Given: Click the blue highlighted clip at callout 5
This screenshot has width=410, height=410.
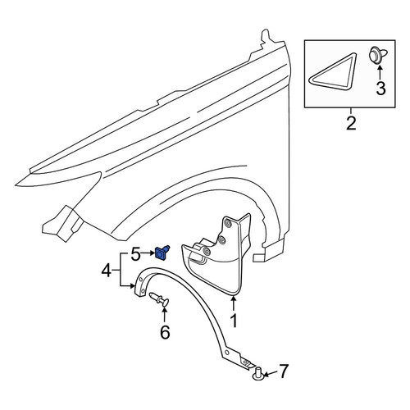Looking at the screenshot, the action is (x=162, y=253).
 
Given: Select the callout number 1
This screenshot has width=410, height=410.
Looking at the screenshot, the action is (x=234, y=321).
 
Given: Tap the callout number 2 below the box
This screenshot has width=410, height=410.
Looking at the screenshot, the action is (x=351, y=123).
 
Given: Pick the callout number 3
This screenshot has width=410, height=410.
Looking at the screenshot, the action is (x=380, y=89).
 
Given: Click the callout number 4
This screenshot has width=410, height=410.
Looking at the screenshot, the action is (x=107, y=271).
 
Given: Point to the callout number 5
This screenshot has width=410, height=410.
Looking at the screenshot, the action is (x=136, y=254).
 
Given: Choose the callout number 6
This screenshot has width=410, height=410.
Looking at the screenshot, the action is (x=165, y=332).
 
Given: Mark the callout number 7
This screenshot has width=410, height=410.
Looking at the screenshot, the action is (x=283, y=371).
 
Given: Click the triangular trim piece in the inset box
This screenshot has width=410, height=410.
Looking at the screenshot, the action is (x=333, y=71).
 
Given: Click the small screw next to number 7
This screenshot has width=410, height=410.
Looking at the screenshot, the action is (x=258, y=374).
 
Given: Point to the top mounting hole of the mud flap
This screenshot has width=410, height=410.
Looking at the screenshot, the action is (x=227, y=223).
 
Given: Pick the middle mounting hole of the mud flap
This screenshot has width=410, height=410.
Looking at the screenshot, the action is (x=221, y=239).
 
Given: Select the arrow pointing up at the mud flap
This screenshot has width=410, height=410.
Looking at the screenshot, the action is (x=234, y=303).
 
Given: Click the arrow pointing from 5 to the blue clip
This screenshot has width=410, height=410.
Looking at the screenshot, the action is (x=148, y=253).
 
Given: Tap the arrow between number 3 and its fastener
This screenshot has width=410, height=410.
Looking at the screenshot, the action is (x=380, y=71).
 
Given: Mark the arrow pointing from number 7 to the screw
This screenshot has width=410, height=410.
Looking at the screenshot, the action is (x=270, y=374).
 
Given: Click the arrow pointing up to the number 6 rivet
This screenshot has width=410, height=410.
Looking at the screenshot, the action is (x=165, y=315).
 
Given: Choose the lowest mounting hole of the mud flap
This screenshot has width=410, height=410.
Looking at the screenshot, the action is (x=207, y=252).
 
